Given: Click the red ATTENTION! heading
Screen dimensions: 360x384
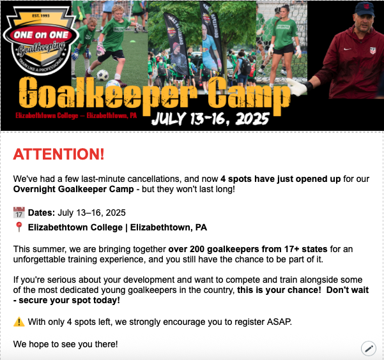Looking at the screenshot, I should [x=58, y=154].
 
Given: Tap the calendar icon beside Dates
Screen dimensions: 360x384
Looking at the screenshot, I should [x=19, y=213].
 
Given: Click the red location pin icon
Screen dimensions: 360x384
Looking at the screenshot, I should [x=19, y=227].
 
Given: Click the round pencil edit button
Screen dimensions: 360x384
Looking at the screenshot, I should [x=368, y=348].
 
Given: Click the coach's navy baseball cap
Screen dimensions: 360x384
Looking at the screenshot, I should [x=364, y=8].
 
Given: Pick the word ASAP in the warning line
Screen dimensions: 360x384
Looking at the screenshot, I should [x=279, y=322].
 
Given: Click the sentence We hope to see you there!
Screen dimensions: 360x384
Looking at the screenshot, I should [x=65, y=344].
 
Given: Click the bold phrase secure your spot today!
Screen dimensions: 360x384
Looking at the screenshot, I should [x=65, y=301].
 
